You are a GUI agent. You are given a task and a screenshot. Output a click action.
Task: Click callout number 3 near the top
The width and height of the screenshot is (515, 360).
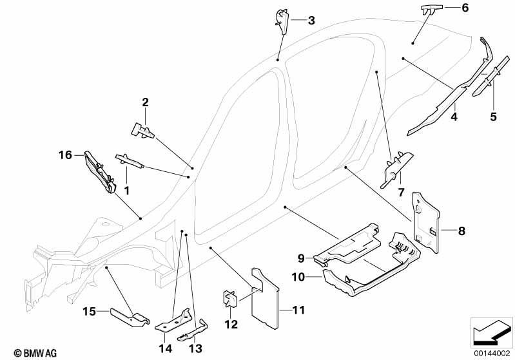(x=311, y=21)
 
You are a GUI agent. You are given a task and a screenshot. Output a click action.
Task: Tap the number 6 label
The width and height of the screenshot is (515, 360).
(x=465, y=8)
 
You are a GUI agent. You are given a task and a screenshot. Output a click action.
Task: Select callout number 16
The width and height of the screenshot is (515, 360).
(x=65, y=155)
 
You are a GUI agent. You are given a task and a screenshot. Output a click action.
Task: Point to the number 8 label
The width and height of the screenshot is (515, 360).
(x=462, y=231)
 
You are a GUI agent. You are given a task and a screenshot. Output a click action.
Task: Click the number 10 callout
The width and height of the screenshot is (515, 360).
(x=298, y=278)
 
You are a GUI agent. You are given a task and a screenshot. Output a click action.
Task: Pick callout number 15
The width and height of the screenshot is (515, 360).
(x=89, y=311)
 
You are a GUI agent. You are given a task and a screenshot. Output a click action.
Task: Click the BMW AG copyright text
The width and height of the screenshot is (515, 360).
(x=35, y=353)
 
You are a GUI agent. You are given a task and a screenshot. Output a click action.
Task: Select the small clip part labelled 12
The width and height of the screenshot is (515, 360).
(x=229, y=298)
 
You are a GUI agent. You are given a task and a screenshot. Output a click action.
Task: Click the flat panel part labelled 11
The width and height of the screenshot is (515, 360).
(x=266, y=298)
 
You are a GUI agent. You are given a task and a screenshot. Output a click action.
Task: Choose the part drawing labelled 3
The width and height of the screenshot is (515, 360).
(x=281, y=22)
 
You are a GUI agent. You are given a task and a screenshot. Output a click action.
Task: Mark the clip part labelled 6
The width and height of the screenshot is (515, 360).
(x=431, y=10)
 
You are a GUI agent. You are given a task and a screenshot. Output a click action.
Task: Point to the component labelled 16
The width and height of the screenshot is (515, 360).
(x=100, y=172)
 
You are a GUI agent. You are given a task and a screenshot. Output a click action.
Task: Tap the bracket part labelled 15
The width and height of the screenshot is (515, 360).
(x=130, y=317)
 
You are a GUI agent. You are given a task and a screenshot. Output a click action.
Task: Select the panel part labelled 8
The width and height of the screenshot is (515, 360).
(x=425, y=222)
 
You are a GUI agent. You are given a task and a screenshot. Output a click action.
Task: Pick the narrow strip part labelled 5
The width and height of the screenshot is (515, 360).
(x=491, y=76)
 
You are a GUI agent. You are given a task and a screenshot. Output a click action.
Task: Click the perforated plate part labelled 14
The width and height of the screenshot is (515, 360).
(x=173, y=321)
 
